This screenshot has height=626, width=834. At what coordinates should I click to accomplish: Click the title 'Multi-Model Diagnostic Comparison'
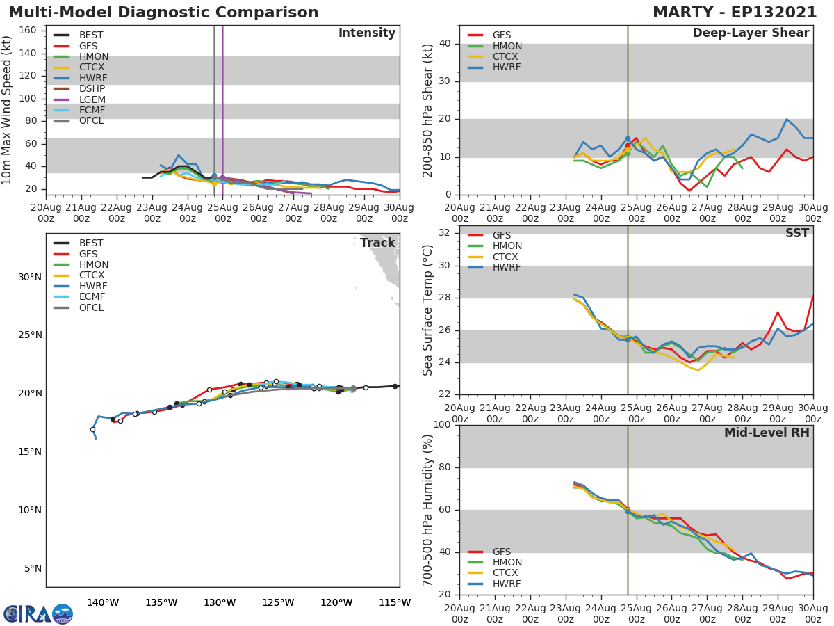[163, 13]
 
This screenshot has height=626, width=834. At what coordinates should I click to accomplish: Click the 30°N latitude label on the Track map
[29, 277]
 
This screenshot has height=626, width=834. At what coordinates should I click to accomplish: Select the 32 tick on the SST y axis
[443, 233]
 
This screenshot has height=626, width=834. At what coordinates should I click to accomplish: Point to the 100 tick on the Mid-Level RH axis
[439, 425]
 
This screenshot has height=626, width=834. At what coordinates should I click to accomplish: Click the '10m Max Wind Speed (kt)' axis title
[8, 111]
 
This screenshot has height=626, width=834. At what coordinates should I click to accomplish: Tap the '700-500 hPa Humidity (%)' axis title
[428, 510]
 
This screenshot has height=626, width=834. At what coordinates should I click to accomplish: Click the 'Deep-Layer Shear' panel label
[751, 33]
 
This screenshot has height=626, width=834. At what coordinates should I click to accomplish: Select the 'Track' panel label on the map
[377, 243]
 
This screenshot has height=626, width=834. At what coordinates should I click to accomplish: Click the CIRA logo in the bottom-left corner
[38, 613]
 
